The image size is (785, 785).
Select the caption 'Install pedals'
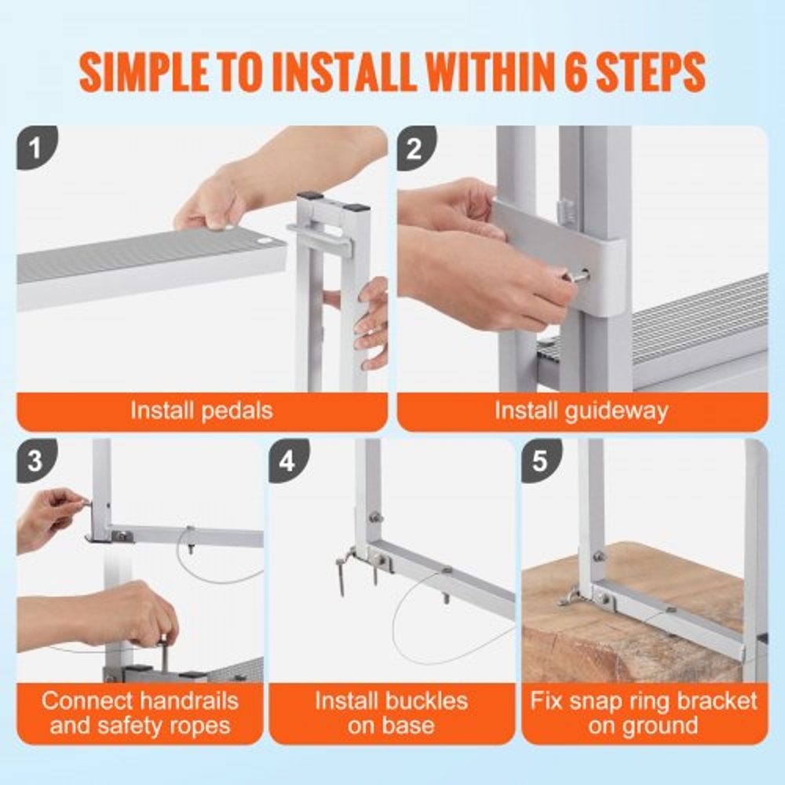click(202, 411)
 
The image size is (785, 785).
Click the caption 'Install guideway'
click(581, 411)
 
